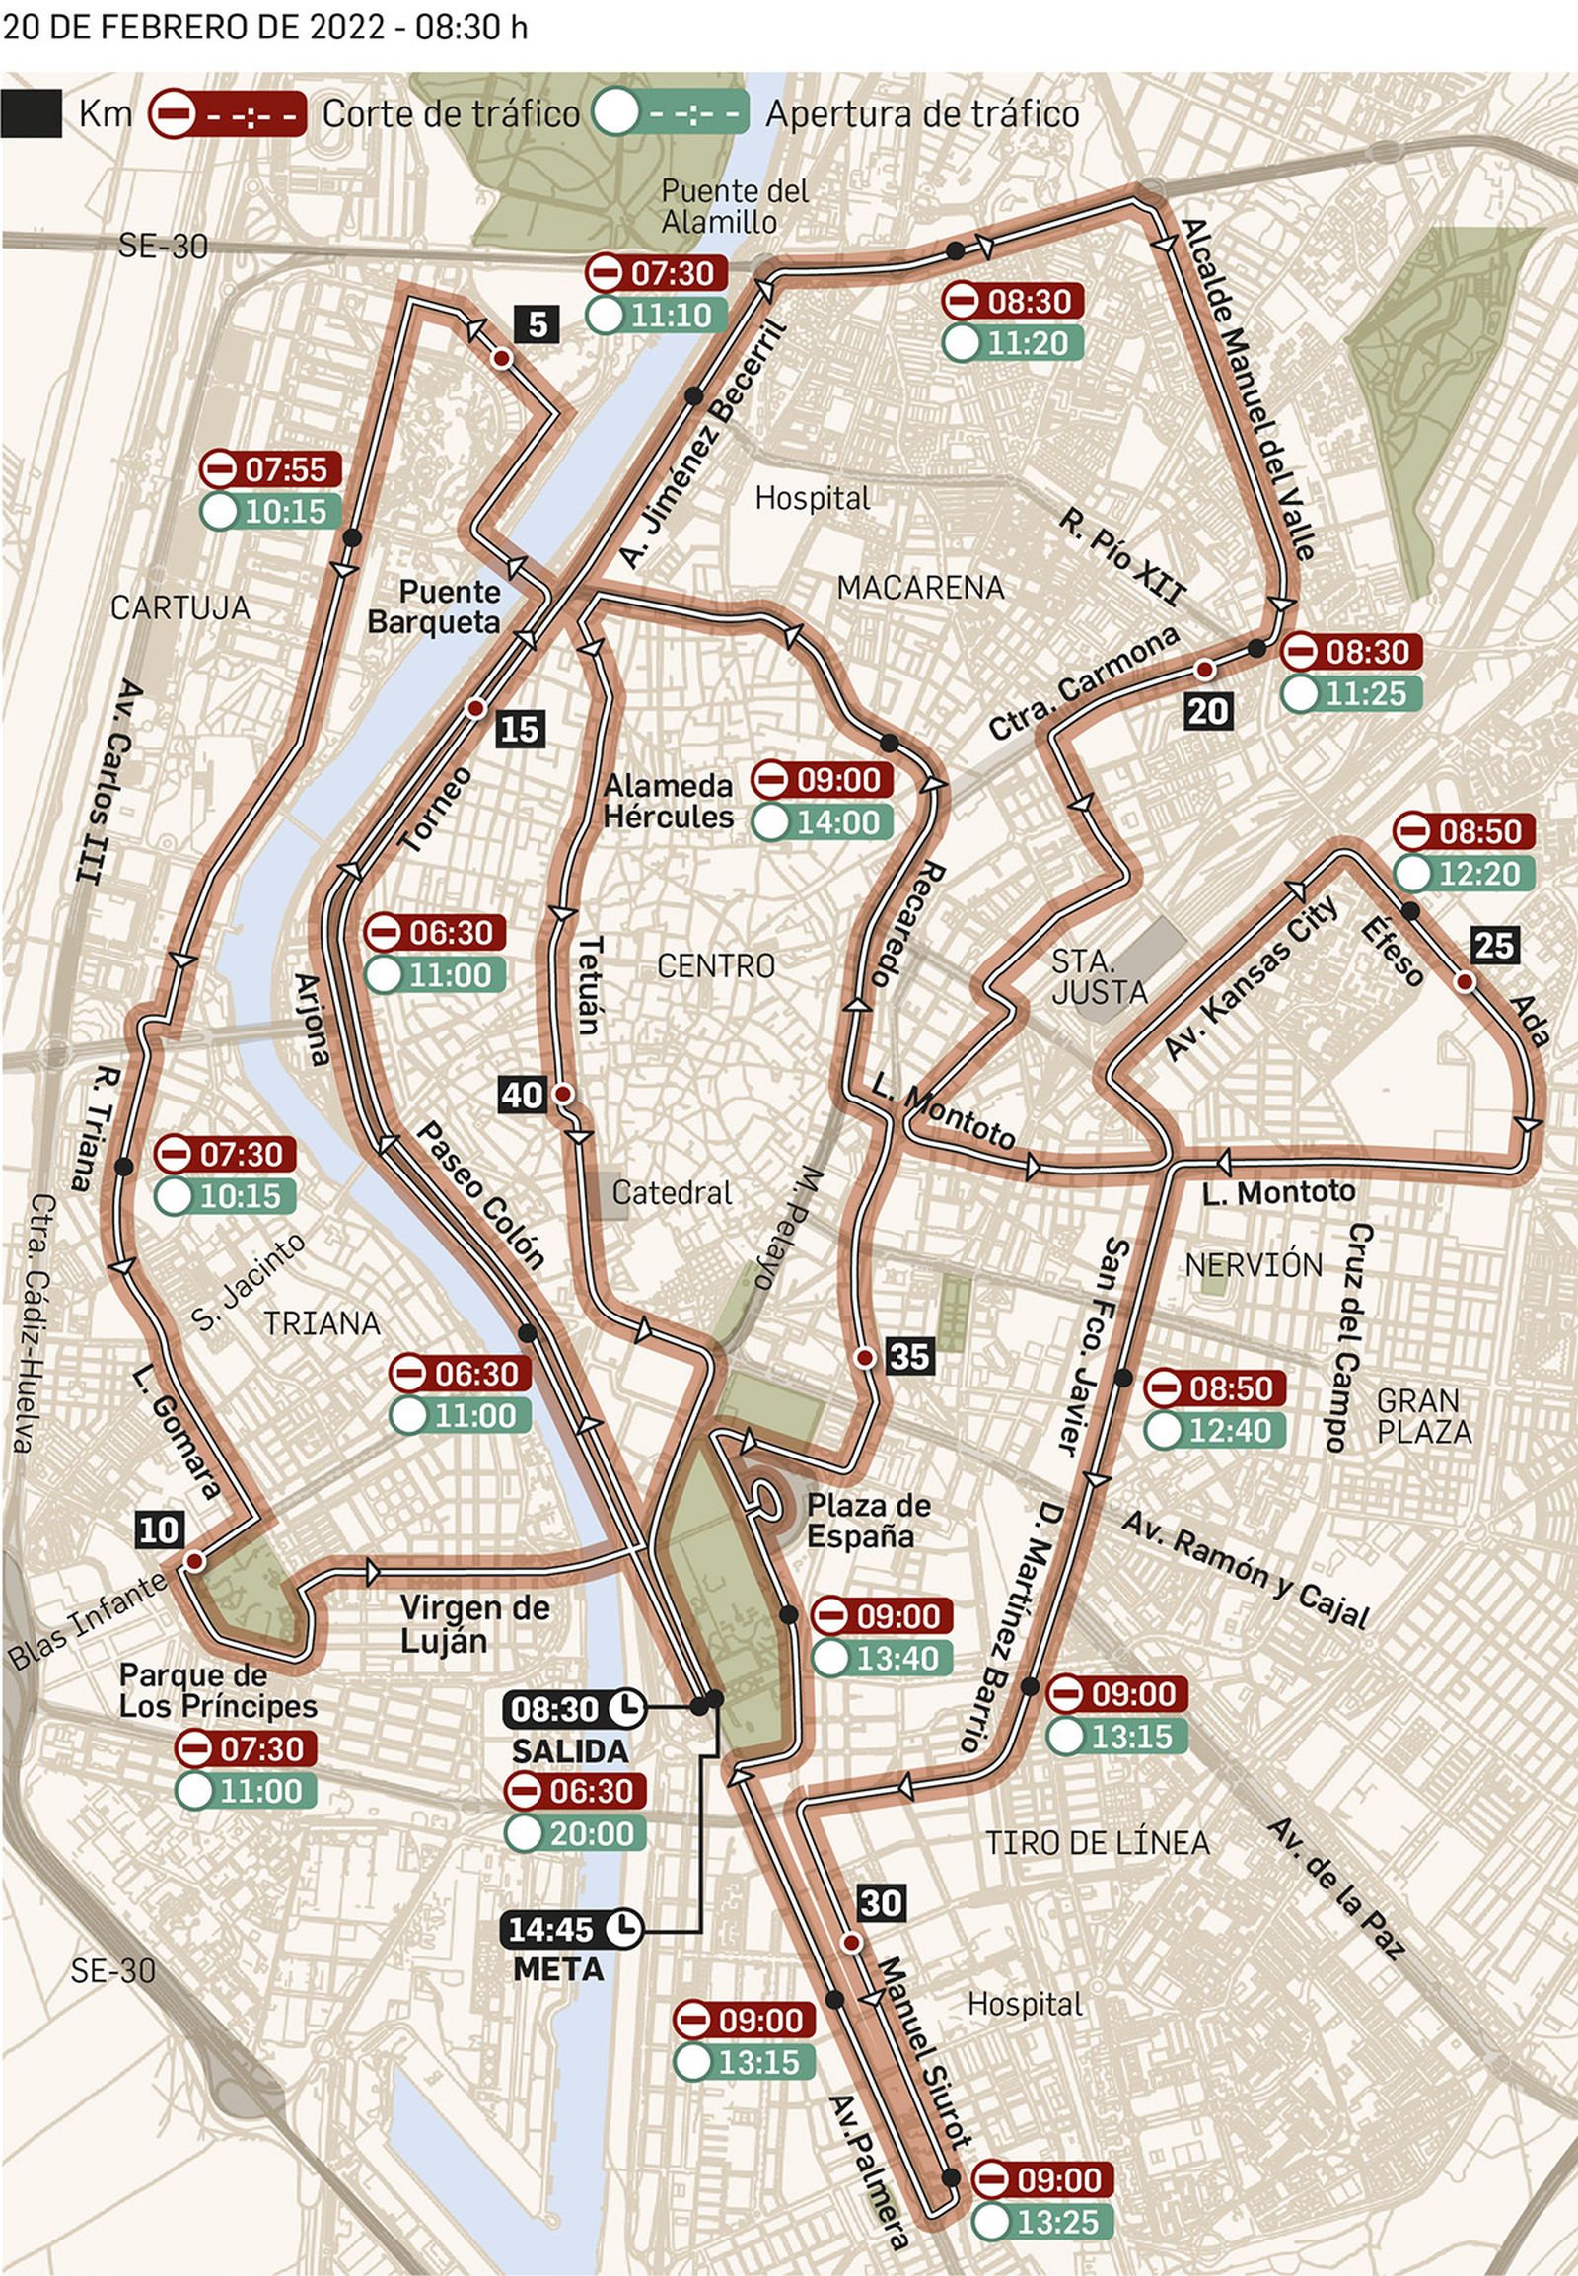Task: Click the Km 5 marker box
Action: click(537, 324)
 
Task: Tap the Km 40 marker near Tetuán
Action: click(522, 1095)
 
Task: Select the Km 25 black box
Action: click(1493, 945)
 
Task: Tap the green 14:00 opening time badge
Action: click(822, 822)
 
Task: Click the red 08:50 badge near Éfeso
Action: click(1465, 831)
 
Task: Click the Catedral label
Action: click(672, 1192)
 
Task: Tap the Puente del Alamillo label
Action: click(734, 206)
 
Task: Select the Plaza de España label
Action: click(867, 1521)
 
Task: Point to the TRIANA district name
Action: click(322, 1322)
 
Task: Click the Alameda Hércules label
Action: click(669, 801)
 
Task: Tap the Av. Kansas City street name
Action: click(1251, 978)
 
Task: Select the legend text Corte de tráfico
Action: click(450, 113)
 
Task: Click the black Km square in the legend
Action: click(31, 113)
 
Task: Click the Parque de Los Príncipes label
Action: click(218, 1690)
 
